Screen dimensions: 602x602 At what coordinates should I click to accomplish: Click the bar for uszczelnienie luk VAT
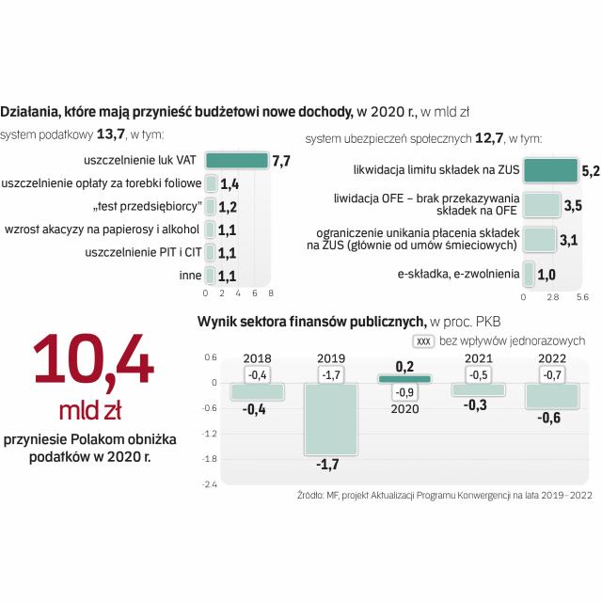click(236, 161)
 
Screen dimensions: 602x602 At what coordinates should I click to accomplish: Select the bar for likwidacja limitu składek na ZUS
click(550, 170)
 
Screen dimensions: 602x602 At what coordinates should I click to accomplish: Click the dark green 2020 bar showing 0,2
click(405, 378)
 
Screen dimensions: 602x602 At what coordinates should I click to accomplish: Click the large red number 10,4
click(94, 360)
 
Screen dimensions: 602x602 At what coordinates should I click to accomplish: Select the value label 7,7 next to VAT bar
click(280, 162)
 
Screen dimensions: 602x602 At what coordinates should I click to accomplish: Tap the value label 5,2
click(591, 171)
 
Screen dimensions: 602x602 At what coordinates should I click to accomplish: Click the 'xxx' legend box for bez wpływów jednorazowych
click(424, 341)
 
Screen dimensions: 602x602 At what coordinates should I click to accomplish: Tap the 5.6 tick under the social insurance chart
click(581, 296)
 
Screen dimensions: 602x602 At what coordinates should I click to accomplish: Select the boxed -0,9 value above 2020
click(405, 392)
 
